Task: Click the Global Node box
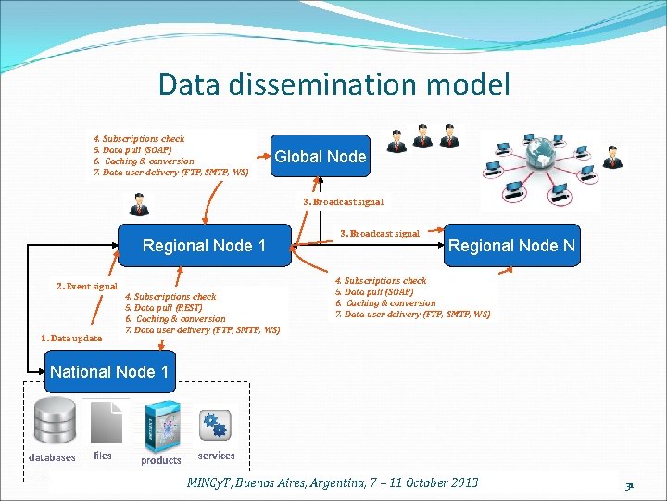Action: pyautogui.click(x=320, y=157)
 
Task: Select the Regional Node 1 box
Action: pyautogui.click(x=204, y=246)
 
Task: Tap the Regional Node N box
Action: pyautogui.click(x=511, y=246)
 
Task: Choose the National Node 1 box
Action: pyautogui.click(x=109, y=372)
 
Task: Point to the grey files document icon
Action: pyautogui.click(x=103, y=422)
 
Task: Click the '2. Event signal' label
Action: pyautogui.click(x=87, y=287)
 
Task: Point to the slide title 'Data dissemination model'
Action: pyautogui.click(x=333, y=84)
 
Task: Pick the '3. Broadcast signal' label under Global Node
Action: pyautogui.click(x=343, y=201)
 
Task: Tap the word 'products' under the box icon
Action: pyautogui.click(x=161, y=460)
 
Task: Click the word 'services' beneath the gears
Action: pyautogui.click(x=216, y=456)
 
